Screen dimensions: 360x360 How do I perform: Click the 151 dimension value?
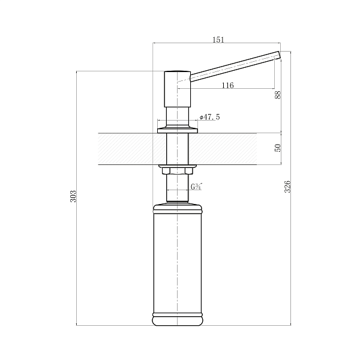(x=218, y=40)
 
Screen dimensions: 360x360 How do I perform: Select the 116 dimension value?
(x=228, y=85)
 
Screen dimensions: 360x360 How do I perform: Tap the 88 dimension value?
(x=278, y=95)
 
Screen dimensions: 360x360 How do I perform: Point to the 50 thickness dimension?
(x=278, y=148)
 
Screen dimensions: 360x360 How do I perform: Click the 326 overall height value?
(x=287, y=187)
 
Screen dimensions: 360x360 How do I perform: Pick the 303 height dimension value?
(x=73, y=196)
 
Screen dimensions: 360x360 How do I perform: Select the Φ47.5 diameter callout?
(x=209, y=117)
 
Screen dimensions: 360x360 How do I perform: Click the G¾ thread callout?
(x=196, y=187)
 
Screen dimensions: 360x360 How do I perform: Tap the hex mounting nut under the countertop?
(x=177, y=171)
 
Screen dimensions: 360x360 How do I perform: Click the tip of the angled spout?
(x=280, y=55)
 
